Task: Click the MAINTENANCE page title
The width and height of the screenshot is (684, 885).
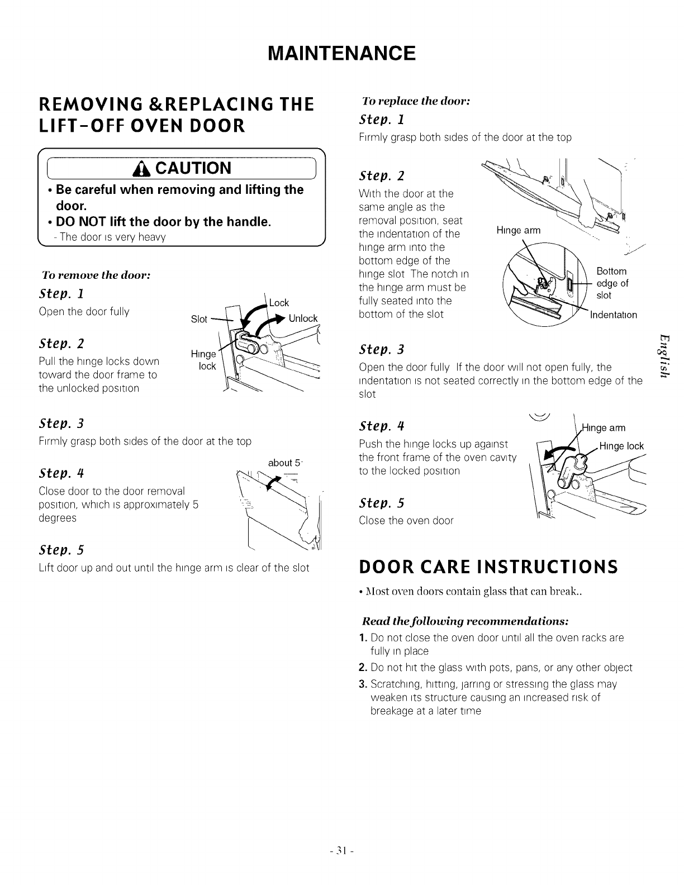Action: click(x=341, y=54)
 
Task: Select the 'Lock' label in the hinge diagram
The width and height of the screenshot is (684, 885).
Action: click(x=279, y=303)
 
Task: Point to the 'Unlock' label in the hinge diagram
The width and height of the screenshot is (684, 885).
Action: click(x=303, y=318)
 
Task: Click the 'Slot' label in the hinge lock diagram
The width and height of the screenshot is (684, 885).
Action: click(x=199, y=319)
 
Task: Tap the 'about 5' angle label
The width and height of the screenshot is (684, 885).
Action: click(x=285, y=463)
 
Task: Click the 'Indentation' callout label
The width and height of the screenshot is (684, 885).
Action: click(x=613, y=315)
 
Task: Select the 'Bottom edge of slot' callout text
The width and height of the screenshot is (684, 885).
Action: click(x=612, y=283)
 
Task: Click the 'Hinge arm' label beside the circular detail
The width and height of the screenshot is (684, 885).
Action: click(x=518, y=231)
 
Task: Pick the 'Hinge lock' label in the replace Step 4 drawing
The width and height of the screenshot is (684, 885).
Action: click(x=621, y=446)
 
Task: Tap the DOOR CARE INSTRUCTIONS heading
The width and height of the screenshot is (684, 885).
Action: click(x=487, y=567)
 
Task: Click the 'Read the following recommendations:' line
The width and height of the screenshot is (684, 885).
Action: click(x=466, y=621)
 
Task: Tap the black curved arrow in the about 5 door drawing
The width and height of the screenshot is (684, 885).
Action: click(x=274, y=481)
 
